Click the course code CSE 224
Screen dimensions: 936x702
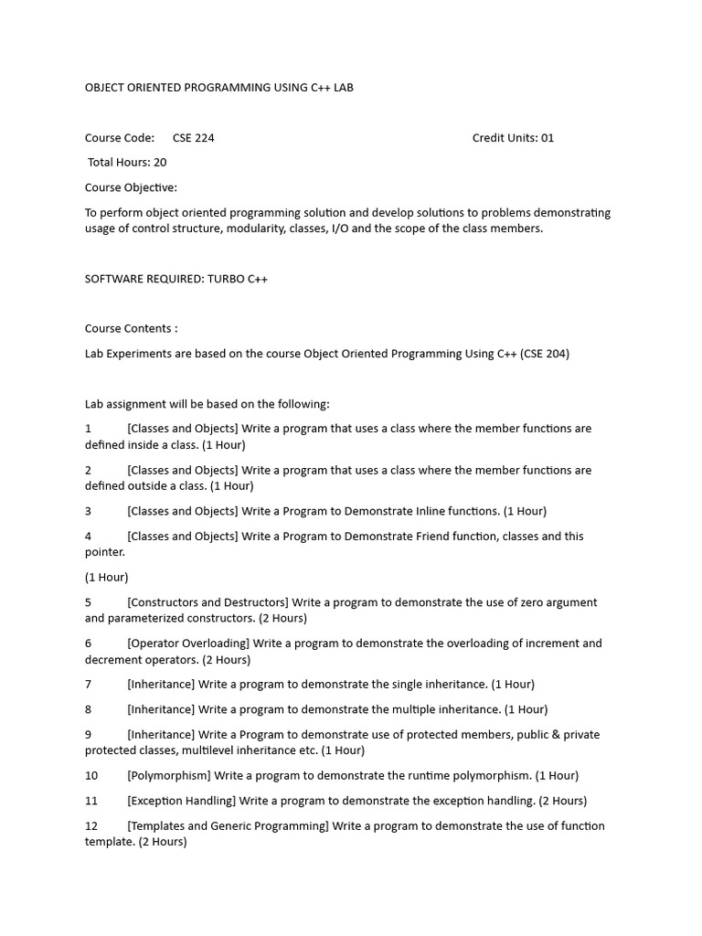(x=193, y=138)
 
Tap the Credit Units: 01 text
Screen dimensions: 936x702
(x=513, y=138)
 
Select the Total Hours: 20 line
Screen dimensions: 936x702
(x=127, y=163)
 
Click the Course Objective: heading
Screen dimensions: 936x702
(x=131, y=187)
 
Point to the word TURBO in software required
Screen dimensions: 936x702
(x=224, y=279)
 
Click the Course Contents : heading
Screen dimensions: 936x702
(x=131, y=328)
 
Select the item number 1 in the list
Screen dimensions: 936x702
(x=89, y=429)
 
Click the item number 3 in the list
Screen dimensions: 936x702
(x=89, y=511)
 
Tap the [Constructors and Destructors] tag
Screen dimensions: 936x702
(x=207, y=602)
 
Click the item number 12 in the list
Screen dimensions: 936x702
(x=91, y=826)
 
